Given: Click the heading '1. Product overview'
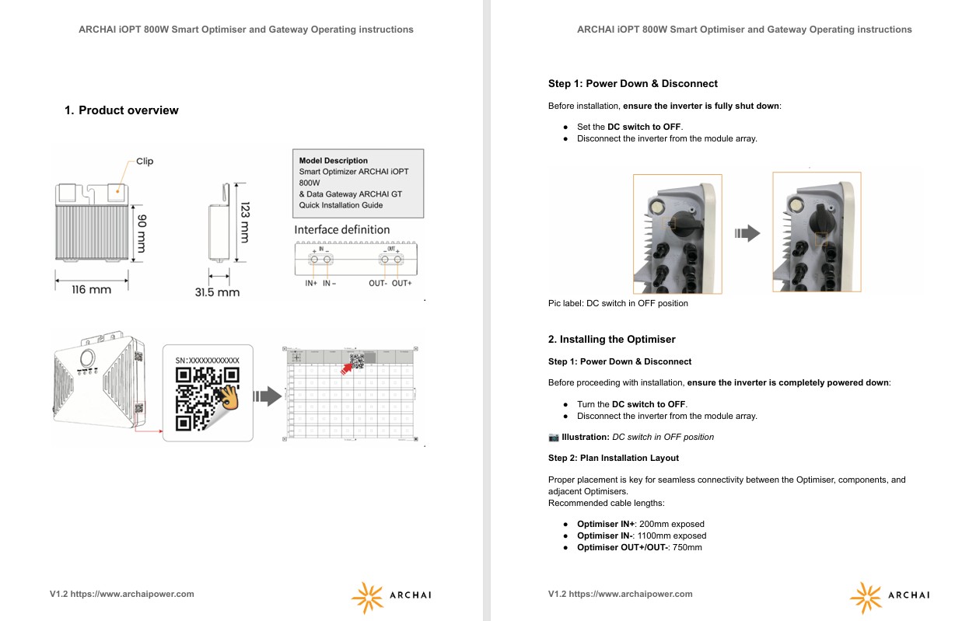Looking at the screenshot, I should click(x=121, y=110).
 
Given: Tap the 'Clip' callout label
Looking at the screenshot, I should click(x=145, y=162).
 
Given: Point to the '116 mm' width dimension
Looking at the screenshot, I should click(x=91, y=290).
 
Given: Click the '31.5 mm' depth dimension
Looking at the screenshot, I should click(x=217, y=292).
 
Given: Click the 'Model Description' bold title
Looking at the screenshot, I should click(x=334, y=161).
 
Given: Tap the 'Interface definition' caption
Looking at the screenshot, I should click(x=342, y=230).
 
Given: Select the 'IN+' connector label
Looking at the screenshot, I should click(x=311, y=284).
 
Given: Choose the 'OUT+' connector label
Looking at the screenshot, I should click(x=402, y=284).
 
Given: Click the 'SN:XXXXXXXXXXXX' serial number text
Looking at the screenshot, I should click(x=208, y=361).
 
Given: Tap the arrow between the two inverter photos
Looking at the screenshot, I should click(x=747, y=233).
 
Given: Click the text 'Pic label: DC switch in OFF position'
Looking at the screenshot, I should click(x=618, y=304).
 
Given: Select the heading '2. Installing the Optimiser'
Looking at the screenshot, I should click(x=612, y=340).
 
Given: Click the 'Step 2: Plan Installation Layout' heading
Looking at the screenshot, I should click(x=614, y=459).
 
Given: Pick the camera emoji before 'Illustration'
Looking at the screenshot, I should click(x=554, y=437).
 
